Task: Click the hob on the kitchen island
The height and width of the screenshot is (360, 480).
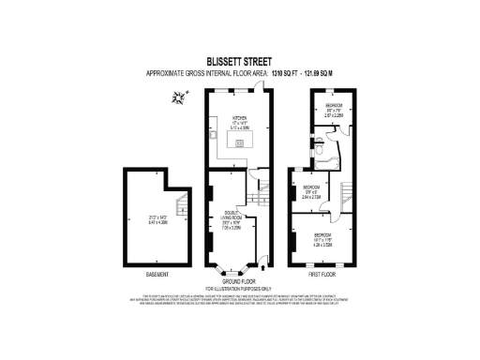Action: [x=239, y=142]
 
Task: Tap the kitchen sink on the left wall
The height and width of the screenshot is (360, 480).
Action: [x=212, y=132]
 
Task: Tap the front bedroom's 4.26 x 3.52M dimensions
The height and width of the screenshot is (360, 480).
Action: [x=323, y=238]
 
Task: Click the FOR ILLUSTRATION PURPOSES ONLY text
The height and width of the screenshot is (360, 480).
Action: [x=239, y=288]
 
